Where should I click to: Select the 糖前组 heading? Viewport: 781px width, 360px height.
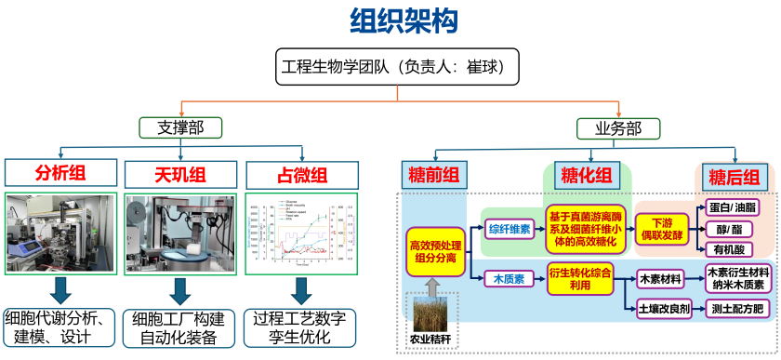(x=435, y=175)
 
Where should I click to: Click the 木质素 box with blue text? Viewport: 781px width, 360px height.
(x=508, y=278)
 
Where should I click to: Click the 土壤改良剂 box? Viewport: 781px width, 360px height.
(x=664, y=310)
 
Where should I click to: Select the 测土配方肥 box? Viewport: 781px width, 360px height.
(x=738, y=310)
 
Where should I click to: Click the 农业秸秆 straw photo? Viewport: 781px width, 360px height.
(x=434, y=312)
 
